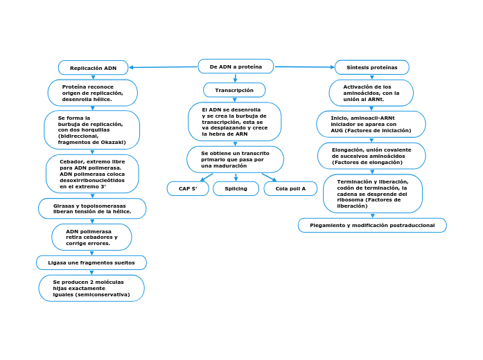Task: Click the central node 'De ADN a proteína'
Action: click(236, 66)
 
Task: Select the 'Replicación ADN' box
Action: click(93, 68)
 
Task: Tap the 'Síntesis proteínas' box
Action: click(372, 67)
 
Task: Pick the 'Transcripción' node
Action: click(234, 90)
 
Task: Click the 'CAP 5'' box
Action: click(188, 188)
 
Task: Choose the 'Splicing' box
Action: click(236, 188)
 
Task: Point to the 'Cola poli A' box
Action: click(290, 188)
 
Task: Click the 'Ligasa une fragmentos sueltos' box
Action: click(91, 263)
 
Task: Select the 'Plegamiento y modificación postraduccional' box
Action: click(372, 225)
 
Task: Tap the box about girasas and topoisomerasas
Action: click(92, 208)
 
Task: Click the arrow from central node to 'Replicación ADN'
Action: click(163, 67)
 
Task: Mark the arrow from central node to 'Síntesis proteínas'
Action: click(304, 67)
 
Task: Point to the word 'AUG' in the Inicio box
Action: click(337, 130)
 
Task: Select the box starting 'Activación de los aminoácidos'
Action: click(371, 93)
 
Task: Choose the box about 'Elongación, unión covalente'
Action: click(371, 156)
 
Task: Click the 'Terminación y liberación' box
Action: click(372, 194)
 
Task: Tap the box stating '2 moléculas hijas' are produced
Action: click(91, 288)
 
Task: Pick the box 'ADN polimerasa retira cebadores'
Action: click(91, 237)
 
